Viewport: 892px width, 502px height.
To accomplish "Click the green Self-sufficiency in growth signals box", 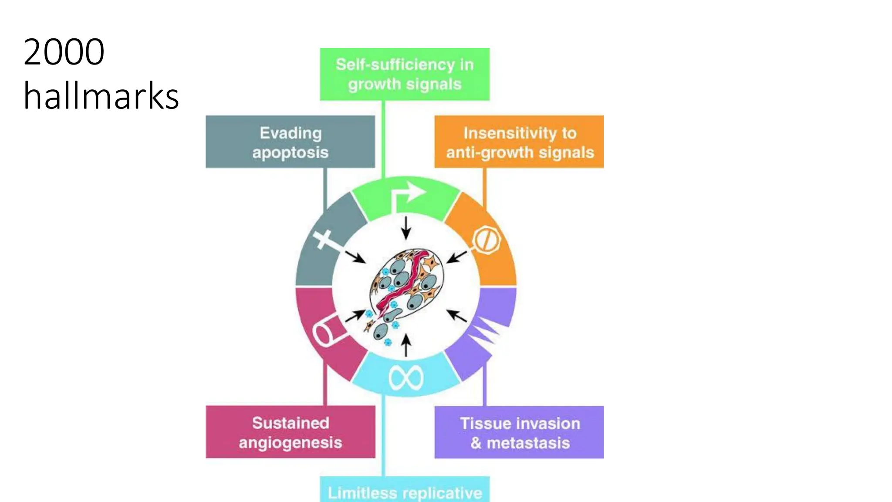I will click(405, 74).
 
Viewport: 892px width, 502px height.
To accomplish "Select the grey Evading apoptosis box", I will click(290, 142).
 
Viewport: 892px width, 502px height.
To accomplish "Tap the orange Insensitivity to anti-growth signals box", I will click(519, 142).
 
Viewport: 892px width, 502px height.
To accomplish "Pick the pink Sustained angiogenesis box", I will click(290, 432).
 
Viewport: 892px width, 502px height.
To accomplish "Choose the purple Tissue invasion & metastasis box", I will click(519, 432).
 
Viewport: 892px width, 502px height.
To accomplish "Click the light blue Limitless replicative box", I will click(405, 490).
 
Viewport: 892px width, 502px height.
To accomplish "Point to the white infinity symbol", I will click(405, 377).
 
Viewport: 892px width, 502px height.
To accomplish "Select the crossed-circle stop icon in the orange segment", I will click(487, 240).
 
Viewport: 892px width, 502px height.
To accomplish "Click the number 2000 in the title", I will click(64, 52).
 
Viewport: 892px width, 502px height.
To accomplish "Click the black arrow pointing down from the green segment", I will click(406, 227).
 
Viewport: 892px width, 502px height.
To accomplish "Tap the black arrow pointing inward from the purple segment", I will click(456, 315).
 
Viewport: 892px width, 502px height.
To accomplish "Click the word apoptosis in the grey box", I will click(290, 153).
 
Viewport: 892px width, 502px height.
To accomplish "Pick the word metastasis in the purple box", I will click(528, 443).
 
